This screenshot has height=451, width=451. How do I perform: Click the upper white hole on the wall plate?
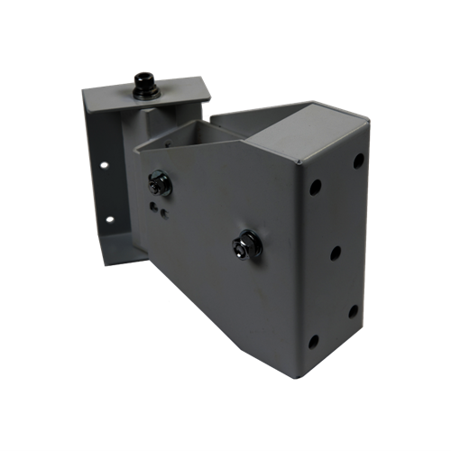pos(106,168)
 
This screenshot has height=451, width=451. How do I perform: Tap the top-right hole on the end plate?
pos(358,161)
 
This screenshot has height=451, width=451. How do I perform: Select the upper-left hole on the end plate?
pos(316,189)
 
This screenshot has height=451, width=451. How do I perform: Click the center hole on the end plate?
pos(335,253)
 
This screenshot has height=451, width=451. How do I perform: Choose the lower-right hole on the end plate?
pos(353,311)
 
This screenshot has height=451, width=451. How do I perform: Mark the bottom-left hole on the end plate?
pos(313,341)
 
